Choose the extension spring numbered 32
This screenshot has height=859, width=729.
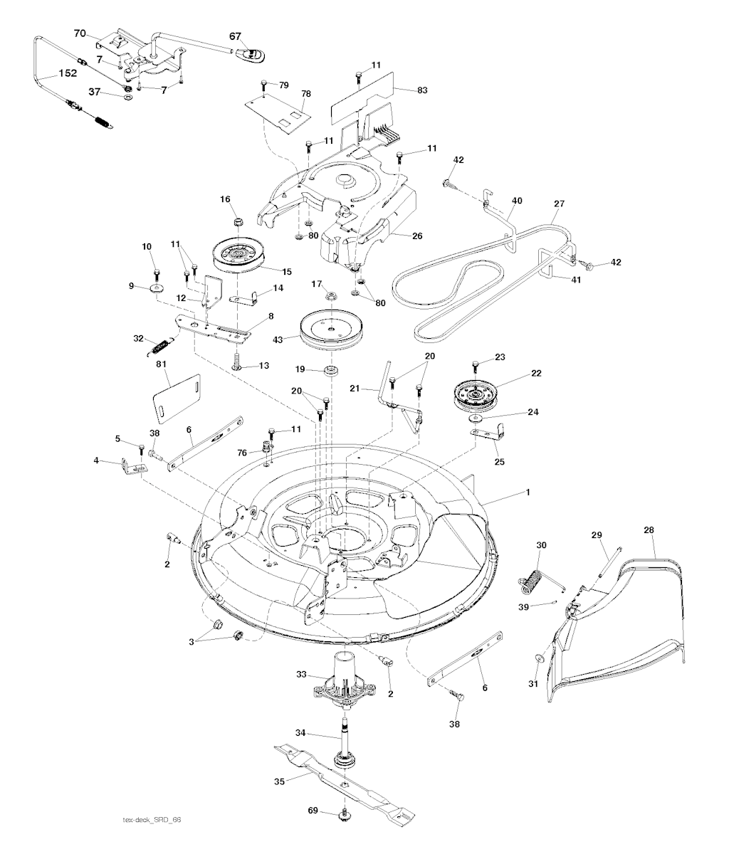click(161, 346)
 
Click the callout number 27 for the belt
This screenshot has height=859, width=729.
click(558, 204)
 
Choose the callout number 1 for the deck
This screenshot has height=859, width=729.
click(528, 492)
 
